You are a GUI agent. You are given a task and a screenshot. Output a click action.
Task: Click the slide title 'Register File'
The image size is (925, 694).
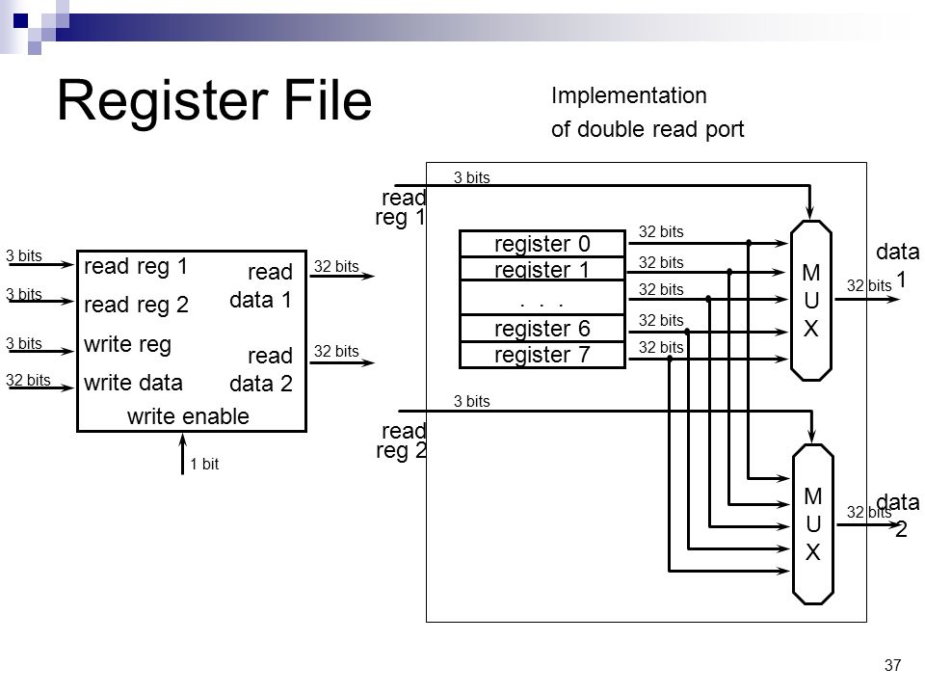[x=214, y=100]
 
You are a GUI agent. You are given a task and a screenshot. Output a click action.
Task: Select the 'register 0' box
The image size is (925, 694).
[x=542, y=243]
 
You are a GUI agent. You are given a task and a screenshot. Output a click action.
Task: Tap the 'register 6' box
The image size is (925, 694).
[x=542, y=328]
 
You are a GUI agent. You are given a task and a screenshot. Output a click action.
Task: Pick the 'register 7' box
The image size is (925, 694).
[x=542, y=355]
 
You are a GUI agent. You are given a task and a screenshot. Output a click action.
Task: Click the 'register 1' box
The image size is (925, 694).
[x=542, y=269]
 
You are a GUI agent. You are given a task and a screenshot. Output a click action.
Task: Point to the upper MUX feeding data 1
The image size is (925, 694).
[x=811, y=301]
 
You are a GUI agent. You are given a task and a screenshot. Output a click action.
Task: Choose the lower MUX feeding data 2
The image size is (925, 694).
[x=813, y=524]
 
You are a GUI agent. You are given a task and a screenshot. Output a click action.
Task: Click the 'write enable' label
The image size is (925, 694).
[x=188, y=416]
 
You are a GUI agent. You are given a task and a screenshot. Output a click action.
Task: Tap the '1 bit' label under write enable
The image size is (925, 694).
[x=204, y=464]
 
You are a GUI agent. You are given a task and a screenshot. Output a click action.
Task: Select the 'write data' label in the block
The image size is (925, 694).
[x=133, y=383]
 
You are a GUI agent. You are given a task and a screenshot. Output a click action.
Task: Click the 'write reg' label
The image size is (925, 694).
[x=127, y=344]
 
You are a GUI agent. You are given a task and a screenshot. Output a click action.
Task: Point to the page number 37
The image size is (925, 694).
[x=892, y=665]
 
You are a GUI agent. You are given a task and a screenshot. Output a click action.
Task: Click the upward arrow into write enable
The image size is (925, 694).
[x=183, y=454]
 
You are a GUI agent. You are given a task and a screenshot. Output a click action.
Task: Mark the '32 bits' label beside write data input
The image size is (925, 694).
[x=28, y=380]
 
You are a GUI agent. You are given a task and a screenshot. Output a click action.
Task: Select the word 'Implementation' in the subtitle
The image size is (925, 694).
[x=629, y=95]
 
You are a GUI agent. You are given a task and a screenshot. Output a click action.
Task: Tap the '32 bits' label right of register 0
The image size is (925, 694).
[x=661, y=231]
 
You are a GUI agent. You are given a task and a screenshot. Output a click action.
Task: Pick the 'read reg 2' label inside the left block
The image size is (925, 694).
[x=136, y=305]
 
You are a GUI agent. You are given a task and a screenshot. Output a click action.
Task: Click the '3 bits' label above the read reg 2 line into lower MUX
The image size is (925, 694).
[x=472, y=401]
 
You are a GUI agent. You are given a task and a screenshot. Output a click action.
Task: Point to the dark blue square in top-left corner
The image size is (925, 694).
[x=20, y=21]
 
